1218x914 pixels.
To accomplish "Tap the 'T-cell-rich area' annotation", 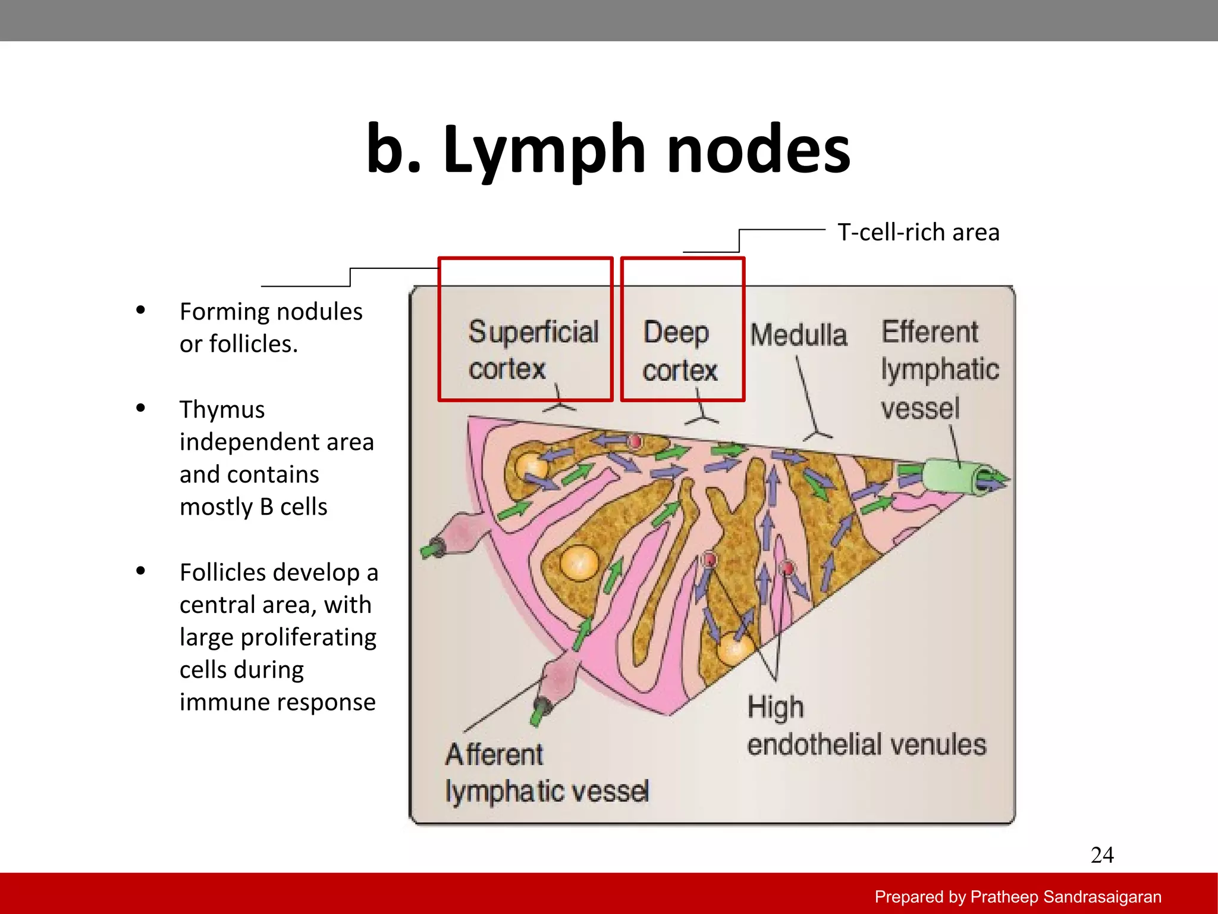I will pos(918,232).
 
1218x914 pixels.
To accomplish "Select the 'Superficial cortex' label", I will pos(532,350).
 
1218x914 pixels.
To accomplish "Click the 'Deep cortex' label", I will pos(679,351).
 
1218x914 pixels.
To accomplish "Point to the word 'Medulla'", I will pos(798,335).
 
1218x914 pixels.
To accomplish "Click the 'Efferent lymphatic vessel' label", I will pos(938,370).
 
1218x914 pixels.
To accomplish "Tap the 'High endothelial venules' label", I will pos(865,727).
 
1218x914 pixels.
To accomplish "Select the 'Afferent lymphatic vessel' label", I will pos(546,773).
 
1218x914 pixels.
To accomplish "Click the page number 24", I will pos(1101,855).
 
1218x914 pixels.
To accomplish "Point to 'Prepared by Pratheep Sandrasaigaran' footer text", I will pos(1018,897).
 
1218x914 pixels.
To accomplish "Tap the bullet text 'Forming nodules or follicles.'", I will pos(271,327).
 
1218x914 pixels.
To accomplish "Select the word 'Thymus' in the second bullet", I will pos(222,409).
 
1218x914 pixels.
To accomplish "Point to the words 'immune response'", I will pos(277,702).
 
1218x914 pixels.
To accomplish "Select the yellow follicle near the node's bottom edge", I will pos(734,649).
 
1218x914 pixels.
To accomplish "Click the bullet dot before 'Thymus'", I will pos(141,408).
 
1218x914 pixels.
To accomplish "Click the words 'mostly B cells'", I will pos(253,507).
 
